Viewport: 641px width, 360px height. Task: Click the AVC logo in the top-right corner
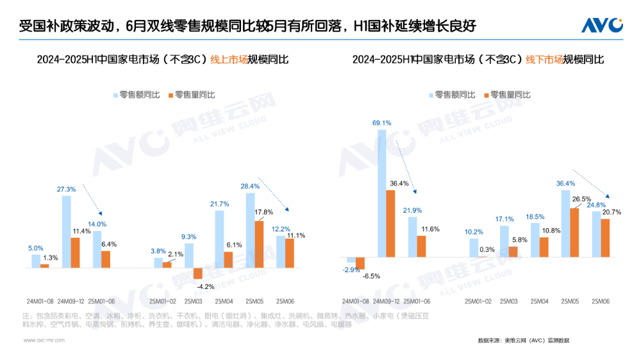602,25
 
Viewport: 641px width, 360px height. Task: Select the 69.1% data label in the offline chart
381,122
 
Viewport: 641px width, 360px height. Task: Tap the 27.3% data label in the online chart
67,190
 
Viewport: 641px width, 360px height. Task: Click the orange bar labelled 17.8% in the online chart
259,244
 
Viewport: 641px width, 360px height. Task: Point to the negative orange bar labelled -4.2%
198,273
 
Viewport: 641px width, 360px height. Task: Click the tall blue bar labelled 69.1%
382,193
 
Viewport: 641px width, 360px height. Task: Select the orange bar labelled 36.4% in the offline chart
390,224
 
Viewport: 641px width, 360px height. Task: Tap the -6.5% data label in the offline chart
371,276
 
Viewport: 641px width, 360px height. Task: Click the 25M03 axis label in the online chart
194,300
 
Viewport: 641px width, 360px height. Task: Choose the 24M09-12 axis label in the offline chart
386,300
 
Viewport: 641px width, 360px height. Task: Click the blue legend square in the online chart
116,95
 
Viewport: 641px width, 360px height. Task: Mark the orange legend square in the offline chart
487,95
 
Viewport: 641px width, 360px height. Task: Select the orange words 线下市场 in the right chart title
544,60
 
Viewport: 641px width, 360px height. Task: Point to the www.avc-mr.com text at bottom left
44,341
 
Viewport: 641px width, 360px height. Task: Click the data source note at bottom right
523,340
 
